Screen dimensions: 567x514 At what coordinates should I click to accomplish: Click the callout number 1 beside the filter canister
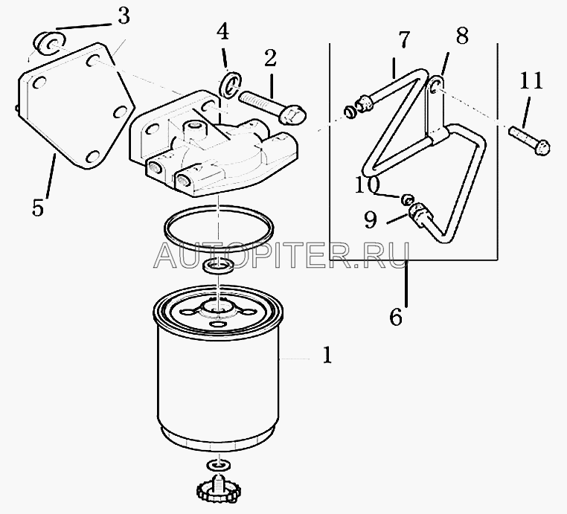(x=327, y=355)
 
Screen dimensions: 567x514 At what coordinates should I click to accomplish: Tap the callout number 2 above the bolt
(x=270, y=59)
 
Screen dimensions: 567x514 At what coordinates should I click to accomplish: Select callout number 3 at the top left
(x=124, y=16)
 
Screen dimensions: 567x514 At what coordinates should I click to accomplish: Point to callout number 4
(x=222, y=32)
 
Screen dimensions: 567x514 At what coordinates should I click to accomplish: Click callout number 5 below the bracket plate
(x=38, y=208)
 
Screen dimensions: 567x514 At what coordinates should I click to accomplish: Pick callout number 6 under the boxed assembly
(x=396, y=318)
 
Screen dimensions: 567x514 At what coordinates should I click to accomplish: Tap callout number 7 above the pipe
(x=403, y=39)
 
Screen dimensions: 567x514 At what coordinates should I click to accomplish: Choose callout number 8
(x=462, y=36)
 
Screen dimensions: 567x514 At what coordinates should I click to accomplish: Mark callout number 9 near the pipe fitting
(x=371, y=219)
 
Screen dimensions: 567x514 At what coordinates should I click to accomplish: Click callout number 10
(x=368, y=184)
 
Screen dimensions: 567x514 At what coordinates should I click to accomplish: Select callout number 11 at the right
(x=531, y=80)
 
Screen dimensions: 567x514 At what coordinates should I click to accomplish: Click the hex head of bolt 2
(x=292, y=114)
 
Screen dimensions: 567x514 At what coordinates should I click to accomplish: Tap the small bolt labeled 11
(x=529, y=141)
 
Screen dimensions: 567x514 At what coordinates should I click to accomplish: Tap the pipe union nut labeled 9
(x=419, y=214)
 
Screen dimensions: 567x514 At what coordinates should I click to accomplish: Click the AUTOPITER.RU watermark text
(x=281, y=256)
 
